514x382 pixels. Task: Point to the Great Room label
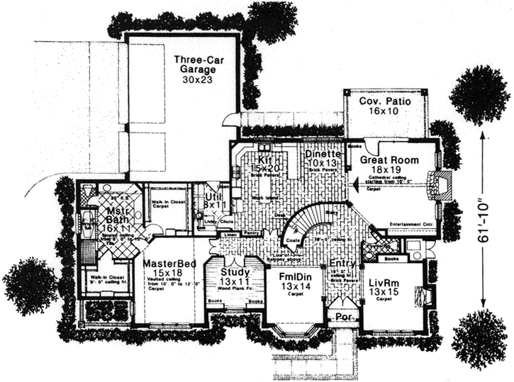[x=388, y=160]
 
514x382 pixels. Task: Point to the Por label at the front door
[x=342, y=317]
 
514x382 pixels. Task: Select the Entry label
[x=342, y=264]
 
